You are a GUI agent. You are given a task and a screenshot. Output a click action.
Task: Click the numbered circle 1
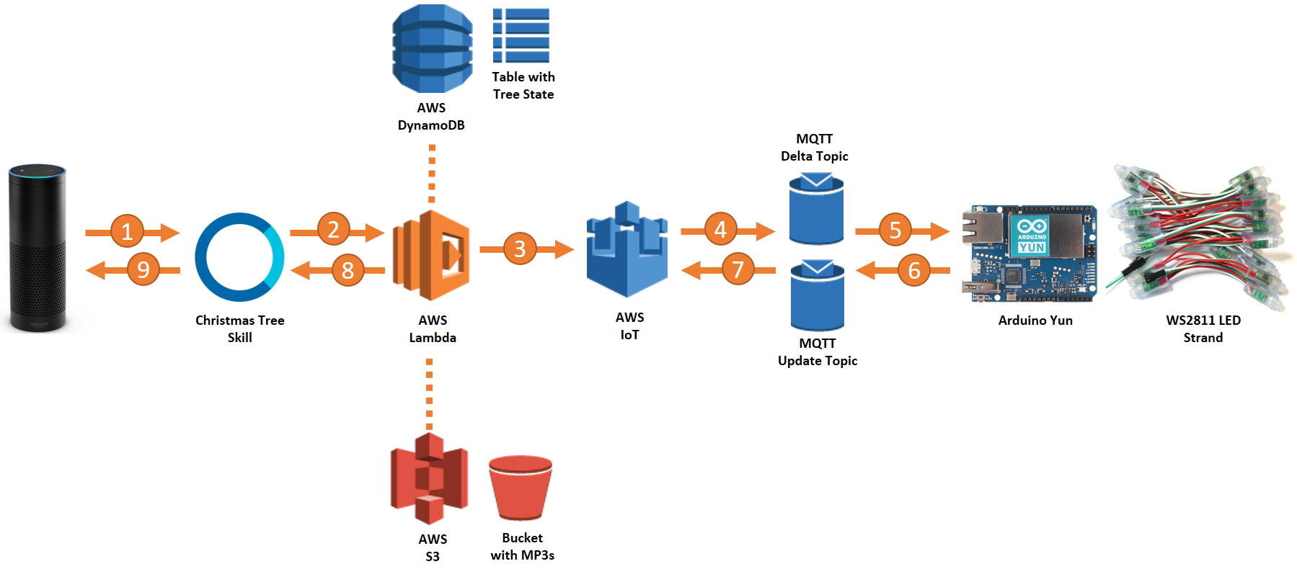[127, 231]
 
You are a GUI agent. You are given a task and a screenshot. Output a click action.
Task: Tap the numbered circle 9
[143, 269]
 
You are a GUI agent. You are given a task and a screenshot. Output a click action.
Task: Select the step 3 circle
[520, 248]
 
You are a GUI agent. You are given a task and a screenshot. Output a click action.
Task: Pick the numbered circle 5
[895, 230]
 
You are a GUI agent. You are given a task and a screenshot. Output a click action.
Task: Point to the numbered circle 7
[738, 269]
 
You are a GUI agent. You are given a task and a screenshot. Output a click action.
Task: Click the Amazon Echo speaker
[37, 248]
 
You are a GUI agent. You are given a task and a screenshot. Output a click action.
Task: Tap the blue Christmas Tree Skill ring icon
[239, 257]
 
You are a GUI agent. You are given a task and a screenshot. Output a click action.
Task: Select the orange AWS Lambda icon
[431, 255]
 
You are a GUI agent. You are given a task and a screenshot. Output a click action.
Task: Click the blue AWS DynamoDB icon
[432, 48]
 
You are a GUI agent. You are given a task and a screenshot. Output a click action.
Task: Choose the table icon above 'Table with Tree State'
[521, 35]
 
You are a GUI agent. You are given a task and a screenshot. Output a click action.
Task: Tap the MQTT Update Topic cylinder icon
[817, 296]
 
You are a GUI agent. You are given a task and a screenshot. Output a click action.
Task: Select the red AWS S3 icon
[429, 478]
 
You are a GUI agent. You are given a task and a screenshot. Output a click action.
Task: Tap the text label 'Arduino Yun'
[1035, 321]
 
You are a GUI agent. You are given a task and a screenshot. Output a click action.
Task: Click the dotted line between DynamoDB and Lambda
[432, 174]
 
